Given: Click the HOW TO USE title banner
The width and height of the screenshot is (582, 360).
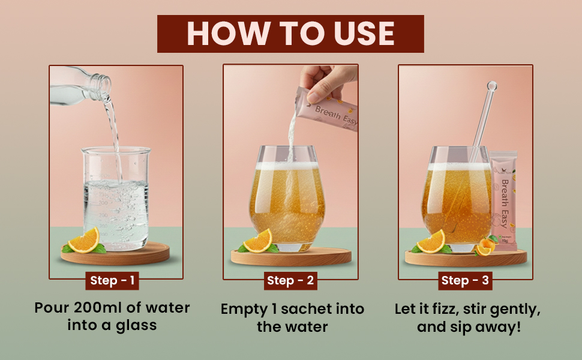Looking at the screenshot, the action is [x=290, y=34].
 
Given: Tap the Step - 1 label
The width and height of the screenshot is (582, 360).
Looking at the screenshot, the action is [x=112, y=281].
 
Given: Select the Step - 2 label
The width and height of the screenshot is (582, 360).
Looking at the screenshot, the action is [x=290, y=281].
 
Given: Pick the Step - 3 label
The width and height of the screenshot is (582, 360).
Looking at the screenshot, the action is [x=465, y=281].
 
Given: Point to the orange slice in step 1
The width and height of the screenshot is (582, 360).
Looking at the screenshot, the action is [x=85, y=241].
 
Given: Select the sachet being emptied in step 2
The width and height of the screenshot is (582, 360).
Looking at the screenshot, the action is [x=326, y=110].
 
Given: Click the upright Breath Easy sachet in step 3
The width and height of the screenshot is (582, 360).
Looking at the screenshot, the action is [x=503, y=200].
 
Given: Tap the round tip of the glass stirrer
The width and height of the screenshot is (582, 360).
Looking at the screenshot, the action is [x=492, y=86].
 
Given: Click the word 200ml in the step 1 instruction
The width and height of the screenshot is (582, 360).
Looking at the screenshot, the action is [x=98, y=308].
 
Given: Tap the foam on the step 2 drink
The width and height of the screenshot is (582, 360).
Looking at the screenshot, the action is [x=287, y=166].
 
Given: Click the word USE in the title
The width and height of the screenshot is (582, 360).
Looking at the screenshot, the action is [x=364, y=34].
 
